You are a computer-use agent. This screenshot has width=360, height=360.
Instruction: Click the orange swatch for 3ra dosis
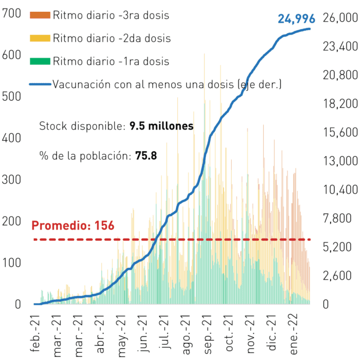(40, 15)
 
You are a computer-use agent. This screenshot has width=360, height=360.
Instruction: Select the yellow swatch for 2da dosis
(40, 38)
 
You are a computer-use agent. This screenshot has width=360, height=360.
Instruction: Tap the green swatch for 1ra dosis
(40, 61)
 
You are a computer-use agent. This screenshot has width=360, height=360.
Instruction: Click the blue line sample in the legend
(40, 84)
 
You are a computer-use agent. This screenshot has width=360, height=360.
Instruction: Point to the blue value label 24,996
(296, 19)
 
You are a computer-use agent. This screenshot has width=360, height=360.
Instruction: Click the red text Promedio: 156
(73, 225)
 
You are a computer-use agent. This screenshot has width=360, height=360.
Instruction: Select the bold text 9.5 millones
(161, 126)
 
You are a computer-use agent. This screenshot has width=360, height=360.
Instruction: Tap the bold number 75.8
(146, 156)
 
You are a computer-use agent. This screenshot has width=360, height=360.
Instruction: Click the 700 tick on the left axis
(11, 13)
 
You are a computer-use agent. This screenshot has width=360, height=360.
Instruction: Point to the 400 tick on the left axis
(11, 138)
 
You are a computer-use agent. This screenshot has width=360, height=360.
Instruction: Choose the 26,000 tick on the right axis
(340, 17)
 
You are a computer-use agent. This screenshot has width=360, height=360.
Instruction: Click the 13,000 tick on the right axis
(340, 161)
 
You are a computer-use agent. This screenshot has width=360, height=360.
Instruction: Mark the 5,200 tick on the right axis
(337, 247)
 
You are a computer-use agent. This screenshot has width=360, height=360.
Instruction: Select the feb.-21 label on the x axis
(35, 334)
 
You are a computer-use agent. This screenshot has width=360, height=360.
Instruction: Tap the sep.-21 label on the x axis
(208, 335)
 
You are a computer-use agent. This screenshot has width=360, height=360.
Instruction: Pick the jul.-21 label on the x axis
(164, 331)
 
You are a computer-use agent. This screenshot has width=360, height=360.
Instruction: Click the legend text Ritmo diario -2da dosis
(112, 38)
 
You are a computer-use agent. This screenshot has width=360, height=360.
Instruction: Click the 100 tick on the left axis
(11, 263)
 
